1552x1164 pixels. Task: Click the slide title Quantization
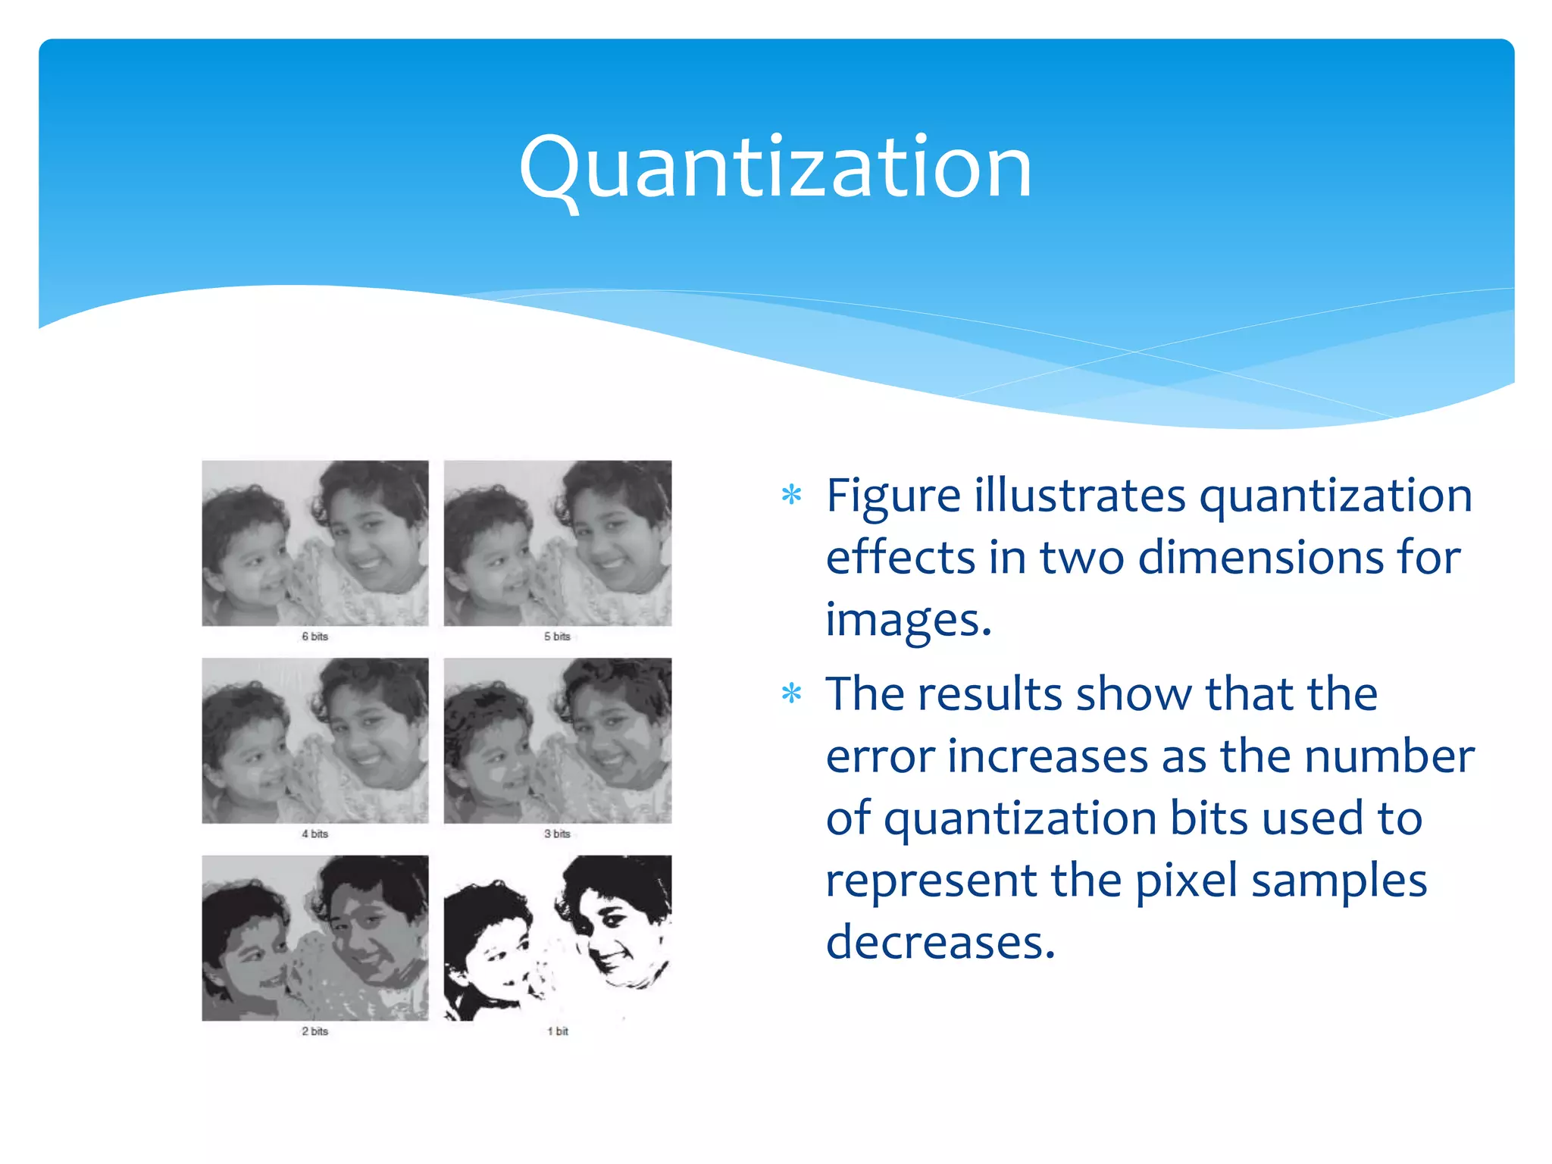tap(775, 167)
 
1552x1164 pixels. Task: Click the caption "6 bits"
tap(314, 637)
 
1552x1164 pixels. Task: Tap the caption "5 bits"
tap(557, 637)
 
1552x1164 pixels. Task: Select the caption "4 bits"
tap(314, 834)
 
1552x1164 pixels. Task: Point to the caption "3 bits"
tap(557, 834)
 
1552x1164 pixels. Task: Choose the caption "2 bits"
tap(314, 1031)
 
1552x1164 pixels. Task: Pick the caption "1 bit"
tap(558, 1031)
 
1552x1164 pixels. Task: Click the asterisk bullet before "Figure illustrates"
tap(791, 496)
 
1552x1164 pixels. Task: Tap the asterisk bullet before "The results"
tap(791, 693)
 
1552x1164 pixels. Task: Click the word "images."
tap(908, 620)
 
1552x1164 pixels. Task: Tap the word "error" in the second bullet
tap(881, 757)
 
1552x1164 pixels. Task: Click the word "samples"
tap(1339, 881)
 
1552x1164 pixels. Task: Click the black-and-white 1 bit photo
tap(557, 938)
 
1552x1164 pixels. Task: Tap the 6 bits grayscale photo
tap(314, 543)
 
